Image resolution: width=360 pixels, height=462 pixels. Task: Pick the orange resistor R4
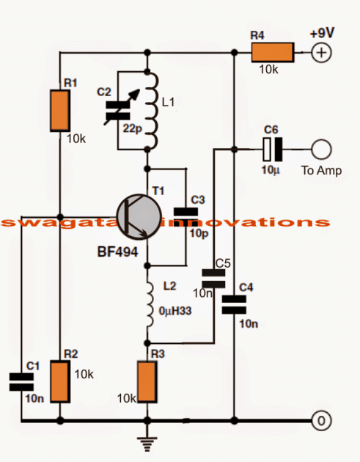pyautogui.click(x=272, y=52)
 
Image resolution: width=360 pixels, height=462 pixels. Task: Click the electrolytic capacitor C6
pyautogui.click(x=271, y=150)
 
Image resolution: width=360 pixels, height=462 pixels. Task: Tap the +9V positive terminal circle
pyautogui.click(x=320, y=52)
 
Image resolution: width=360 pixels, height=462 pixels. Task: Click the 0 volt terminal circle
pyautogui.click(x=320, y=422)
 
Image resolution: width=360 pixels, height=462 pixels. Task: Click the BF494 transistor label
pyautogui.click(x=117, y=254)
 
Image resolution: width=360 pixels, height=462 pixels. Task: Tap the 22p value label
pyautogui.click(x=133, y=129)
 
